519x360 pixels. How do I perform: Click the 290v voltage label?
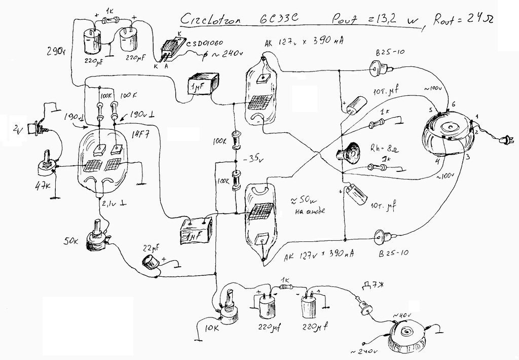click(x=54, y=51)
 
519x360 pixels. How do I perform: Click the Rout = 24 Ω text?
click(x=463, y=19)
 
